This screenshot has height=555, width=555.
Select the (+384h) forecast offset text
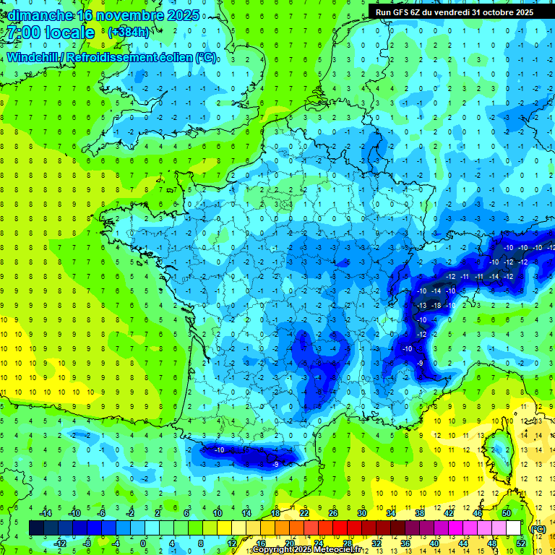coord(128,33)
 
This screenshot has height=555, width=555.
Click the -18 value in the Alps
coord(436,306)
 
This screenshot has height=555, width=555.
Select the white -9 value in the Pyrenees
coord(275,463)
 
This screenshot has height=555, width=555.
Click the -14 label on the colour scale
coord(47,512)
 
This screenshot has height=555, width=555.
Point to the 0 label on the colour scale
coord(142,543)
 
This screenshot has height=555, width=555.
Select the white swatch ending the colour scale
coord(514,528)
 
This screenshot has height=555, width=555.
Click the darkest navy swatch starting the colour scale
coord(37,528)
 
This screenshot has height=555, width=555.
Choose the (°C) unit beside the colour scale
coord(538,528)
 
